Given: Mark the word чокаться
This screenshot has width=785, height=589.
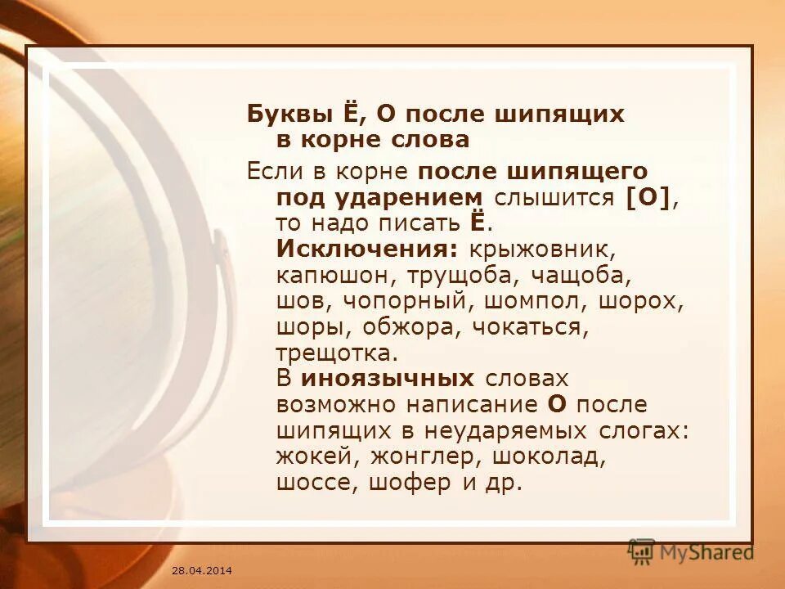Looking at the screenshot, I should pyautogui.click(x=541, y=326).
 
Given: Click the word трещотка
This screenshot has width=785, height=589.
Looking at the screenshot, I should pyautogui.click(x=336, y=353).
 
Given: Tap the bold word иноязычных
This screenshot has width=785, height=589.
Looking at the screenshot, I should pyautogui.click(x=388, y=379).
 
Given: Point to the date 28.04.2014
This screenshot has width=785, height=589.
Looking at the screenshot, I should pyautogui.click(x=202, y=569).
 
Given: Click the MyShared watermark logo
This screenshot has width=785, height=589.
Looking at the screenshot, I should pyautogui.click(x=690, y=551).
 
